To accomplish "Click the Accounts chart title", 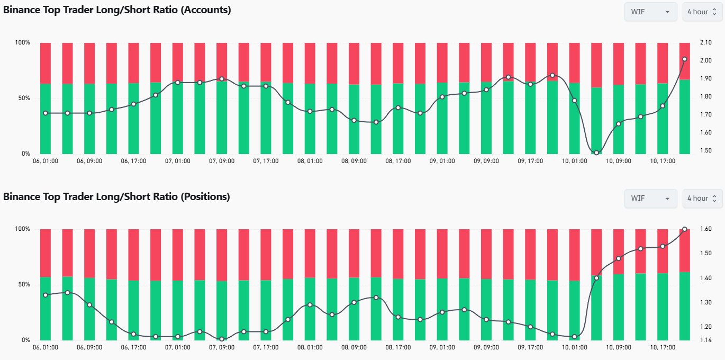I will click(x=117, y=10).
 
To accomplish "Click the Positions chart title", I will click(x=116, y=197).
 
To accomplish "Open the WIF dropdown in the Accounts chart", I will click(x=650, y=12).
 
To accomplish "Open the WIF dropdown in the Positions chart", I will click(x=650, y=198).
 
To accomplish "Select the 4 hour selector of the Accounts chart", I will click(x=702, y=12).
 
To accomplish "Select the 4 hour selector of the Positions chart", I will click(x=702, y=198).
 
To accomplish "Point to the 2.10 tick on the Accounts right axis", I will click(x=706, y=43).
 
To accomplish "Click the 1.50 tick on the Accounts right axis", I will click(x=706, y=151).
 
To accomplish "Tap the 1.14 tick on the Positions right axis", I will click(x=706, y=339).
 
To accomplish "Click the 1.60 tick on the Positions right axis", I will click(x=706, y=229).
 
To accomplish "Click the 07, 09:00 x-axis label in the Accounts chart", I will click(x=222, y=160).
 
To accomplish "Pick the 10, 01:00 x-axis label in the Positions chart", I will click(x=574, y=347).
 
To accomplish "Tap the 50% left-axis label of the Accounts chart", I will click(x=22, y=98).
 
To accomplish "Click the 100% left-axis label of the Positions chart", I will click(x=22, y=229).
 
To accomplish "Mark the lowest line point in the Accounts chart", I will click(x=596, y=152).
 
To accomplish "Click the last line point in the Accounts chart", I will click(x=684, y=59).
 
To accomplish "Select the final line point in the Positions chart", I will click(x=684, y=229).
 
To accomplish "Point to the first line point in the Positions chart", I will click(x=46, y=295).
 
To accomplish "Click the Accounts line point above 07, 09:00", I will click(x=222, y=79).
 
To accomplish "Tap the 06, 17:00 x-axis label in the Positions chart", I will click(x=133, y=347).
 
